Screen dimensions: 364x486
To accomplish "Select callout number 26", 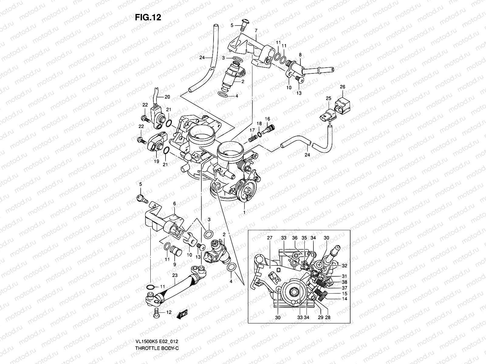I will pyautogui.click(x=343, y=87).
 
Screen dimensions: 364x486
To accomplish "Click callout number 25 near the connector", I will pyautogui.click(x=328, y=99).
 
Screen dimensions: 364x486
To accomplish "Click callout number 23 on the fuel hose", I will pyautogui.click(x=174, y=276).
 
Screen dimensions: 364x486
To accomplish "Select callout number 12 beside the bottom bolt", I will pyautogui.click(x=169, y=312).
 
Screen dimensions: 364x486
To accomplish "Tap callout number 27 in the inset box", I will pyautogui.click(x=269, y=238).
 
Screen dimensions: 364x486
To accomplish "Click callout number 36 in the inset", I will pyautogui.click(x=294, y=238).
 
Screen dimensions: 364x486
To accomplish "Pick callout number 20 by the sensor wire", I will pyautogui.click(x=167, y=97).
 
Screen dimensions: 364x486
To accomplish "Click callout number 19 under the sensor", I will pyautogui.click(x=156, y=161).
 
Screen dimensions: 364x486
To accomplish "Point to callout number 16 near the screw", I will pyautogui.click(x=267, y=119).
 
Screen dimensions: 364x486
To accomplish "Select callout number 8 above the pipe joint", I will pyautogui.click(x=300, y=55).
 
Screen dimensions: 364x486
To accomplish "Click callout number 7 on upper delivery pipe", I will pyautogui.click(x=256, y=31).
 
